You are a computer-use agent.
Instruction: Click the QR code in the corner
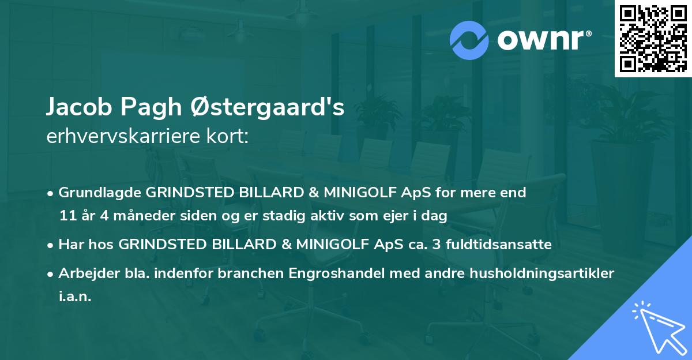click(653, 39)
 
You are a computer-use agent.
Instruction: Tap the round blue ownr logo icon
click(469, 40)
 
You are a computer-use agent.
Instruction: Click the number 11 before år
click(66, 216)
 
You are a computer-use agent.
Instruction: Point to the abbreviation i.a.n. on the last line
click(75, 297)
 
